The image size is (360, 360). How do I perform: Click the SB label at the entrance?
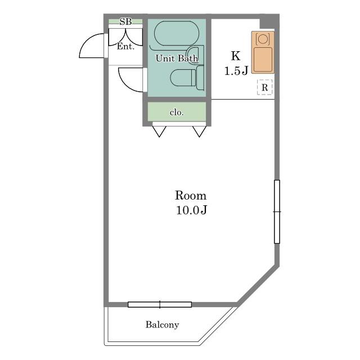tap(125, 21)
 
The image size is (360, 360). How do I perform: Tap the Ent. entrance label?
tap(125, 47)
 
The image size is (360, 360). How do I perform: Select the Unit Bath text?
tap(177, 58)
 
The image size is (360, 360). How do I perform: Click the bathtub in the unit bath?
tap(177, 34)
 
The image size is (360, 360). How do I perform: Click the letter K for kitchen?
tap(236, 56)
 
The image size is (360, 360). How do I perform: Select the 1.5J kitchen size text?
tap(236, 71)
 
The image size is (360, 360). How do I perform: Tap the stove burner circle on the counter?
tap(263, 39)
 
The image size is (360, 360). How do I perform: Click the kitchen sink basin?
tap(263, 60)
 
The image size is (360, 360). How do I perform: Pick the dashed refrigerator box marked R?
tap(264, 87)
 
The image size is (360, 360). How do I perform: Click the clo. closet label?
tap(177, 112)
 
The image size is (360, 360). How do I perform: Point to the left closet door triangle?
tap(159, 132)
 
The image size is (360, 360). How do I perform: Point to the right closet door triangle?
tap(199, 132)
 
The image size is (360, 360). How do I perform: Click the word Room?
tap(191, 196)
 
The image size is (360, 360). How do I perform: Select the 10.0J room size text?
tap(191, 210)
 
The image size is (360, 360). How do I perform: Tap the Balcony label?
tap(163, 325)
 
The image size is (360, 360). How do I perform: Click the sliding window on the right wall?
tap(277, 211)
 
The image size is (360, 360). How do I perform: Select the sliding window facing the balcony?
tap(160, 305)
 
